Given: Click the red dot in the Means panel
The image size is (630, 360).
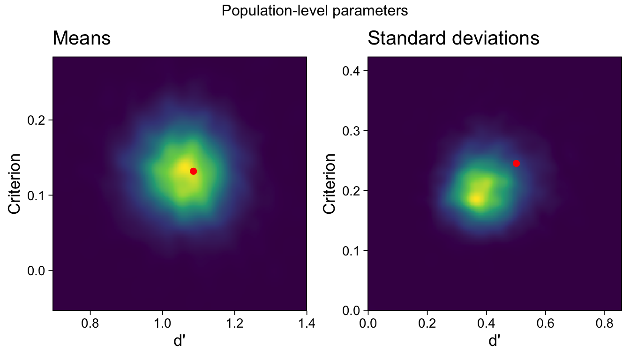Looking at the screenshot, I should coord(193,171).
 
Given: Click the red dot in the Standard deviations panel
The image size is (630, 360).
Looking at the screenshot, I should coord(516,163).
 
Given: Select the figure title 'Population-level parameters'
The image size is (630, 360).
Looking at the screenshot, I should coord(315,11).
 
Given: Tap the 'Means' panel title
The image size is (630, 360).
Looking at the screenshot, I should coord(82,38).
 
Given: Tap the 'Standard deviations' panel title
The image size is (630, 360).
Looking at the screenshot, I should coord(453,38).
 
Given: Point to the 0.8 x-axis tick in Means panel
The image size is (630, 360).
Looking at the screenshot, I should coord(90,323).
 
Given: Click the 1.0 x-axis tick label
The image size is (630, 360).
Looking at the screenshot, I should coord(162,323).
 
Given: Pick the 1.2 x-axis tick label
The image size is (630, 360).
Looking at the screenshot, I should coord(234,323).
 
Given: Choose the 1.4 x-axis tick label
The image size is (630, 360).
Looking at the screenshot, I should coord(306,323).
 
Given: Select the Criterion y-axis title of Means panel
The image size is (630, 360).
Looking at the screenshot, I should coord(15,184).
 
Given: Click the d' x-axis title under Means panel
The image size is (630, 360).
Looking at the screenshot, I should coord(180,341).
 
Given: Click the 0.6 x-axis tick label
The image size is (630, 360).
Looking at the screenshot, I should coord(545,323).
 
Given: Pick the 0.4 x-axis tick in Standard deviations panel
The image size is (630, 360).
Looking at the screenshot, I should coord(486,323).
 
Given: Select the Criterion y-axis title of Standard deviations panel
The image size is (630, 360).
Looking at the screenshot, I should coord(330,184).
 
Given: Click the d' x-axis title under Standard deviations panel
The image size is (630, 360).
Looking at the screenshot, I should coord(495,341).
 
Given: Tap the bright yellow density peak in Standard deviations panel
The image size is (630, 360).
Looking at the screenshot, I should coord(476,199).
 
